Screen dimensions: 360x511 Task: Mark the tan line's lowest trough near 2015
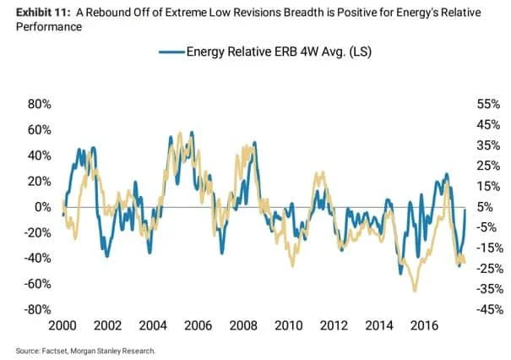coord(414,291)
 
